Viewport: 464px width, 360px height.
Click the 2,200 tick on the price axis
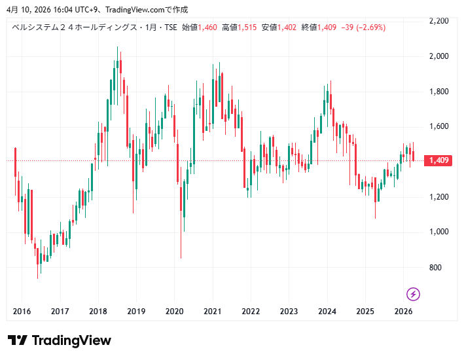438,21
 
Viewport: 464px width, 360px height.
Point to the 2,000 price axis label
438,56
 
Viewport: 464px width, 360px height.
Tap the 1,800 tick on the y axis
438,92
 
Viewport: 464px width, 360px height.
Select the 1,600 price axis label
438,126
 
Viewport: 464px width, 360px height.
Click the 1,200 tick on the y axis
438,197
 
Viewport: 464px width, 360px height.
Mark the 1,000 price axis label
438,232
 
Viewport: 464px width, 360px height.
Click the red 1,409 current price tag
437,160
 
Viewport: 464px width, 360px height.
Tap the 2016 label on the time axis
22,312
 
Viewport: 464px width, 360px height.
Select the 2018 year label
98,312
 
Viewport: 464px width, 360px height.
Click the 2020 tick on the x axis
174,312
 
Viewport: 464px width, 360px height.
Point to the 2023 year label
289,312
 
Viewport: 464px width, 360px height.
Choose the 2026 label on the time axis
403,312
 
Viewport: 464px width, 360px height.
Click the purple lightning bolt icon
413,293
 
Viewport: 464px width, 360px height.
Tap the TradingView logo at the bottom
60,340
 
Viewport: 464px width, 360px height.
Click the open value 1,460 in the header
207,27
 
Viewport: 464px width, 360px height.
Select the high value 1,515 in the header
247,27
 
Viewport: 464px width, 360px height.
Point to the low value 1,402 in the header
287,27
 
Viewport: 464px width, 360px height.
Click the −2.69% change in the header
370,27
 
